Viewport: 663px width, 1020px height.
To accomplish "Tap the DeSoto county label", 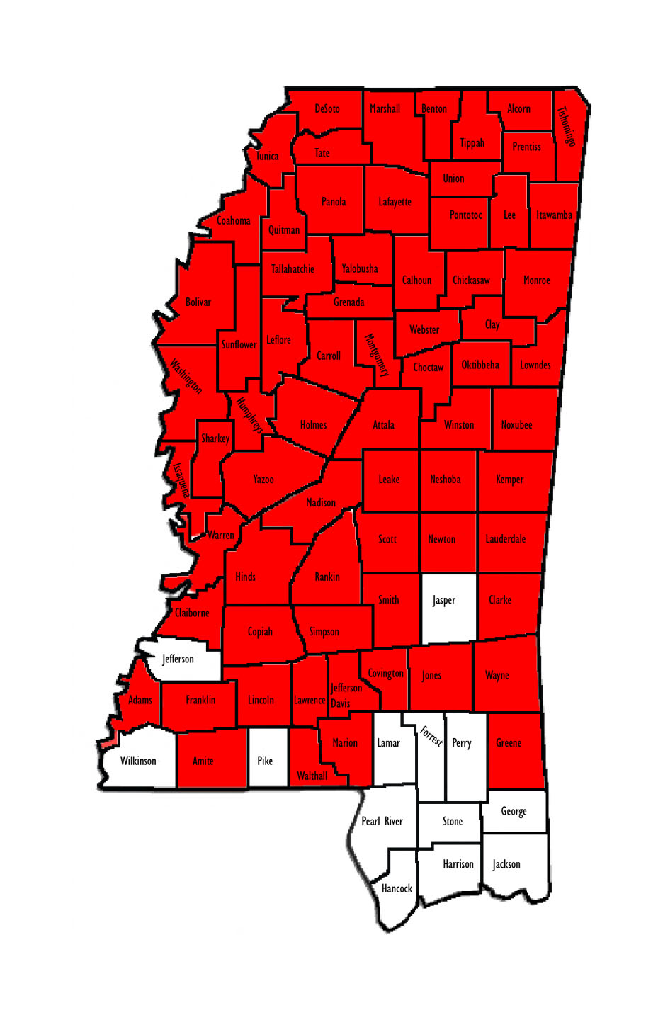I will coord(327,109).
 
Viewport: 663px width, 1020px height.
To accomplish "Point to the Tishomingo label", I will coord(566,126).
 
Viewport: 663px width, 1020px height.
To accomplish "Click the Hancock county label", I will coord(397,888).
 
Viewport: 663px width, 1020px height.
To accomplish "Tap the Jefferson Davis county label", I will coord(345,695).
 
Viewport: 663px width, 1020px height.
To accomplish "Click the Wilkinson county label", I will coord(138,761).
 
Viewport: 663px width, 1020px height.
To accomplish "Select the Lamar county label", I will coord(388,743).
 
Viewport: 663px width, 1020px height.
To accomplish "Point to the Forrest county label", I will coord(431,736).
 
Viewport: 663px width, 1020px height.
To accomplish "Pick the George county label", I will coord(514,812).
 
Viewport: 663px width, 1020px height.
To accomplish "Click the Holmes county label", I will coord(313,425).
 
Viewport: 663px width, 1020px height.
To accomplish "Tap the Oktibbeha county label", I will coord(480,365).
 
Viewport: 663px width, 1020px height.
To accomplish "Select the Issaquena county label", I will coord(181,480).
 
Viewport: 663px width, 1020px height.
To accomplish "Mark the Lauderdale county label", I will coord(506,539).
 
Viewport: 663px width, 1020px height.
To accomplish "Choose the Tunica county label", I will coord(267,157).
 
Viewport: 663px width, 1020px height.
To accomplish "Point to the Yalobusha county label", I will coord(360,269).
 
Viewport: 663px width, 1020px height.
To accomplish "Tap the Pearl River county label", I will coord(382,822).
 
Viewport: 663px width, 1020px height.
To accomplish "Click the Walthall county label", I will coord(312,776).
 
